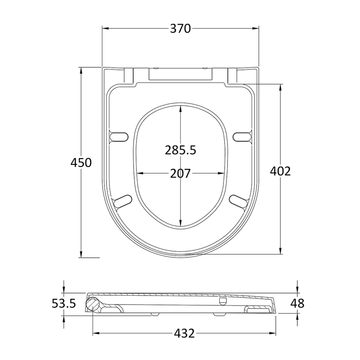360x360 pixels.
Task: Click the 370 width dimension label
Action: (180, 29)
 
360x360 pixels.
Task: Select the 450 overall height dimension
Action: (81, 163)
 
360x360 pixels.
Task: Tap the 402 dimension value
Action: (280, 172)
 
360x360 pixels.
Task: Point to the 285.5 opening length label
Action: (180, 150)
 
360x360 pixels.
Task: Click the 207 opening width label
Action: (180, 174)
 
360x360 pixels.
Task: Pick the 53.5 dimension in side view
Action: (63, 304)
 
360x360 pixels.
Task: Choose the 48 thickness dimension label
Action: (297, 304)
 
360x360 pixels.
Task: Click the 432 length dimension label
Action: (184, 334)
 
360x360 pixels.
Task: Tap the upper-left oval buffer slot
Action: (119, 136)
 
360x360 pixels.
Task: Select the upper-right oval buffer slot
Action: (242, 136)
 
